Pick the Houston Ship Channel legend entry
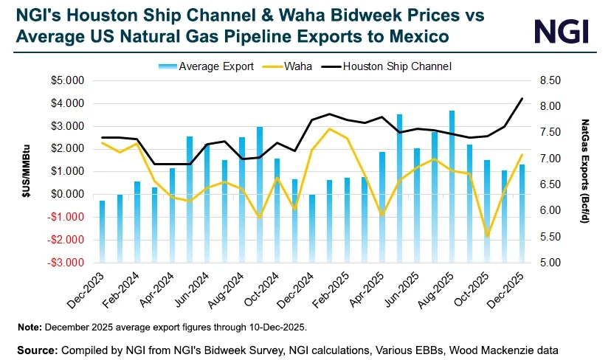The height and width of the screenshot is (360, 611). [x=398, y=66]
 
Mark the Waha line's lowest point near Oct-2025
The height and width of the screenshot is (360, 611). [x=487, y=236]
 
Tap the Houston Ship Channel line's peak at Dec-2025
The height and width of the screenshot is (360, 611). [x=522, y=99]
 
